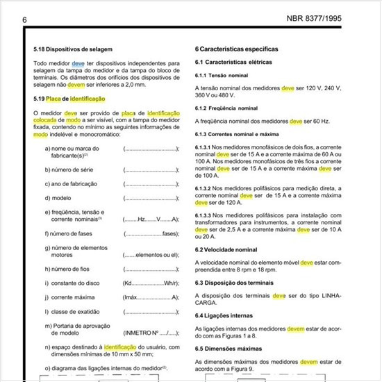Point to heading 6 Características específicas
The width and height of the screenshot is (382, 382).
pos(237,49)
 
